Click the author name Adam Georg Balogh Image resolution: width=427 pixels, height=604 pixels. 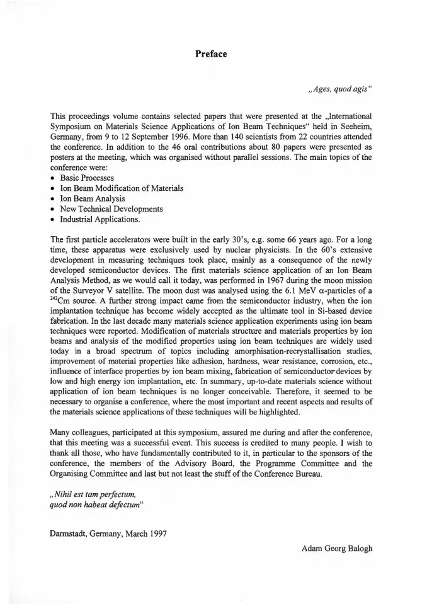[337, 548]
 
